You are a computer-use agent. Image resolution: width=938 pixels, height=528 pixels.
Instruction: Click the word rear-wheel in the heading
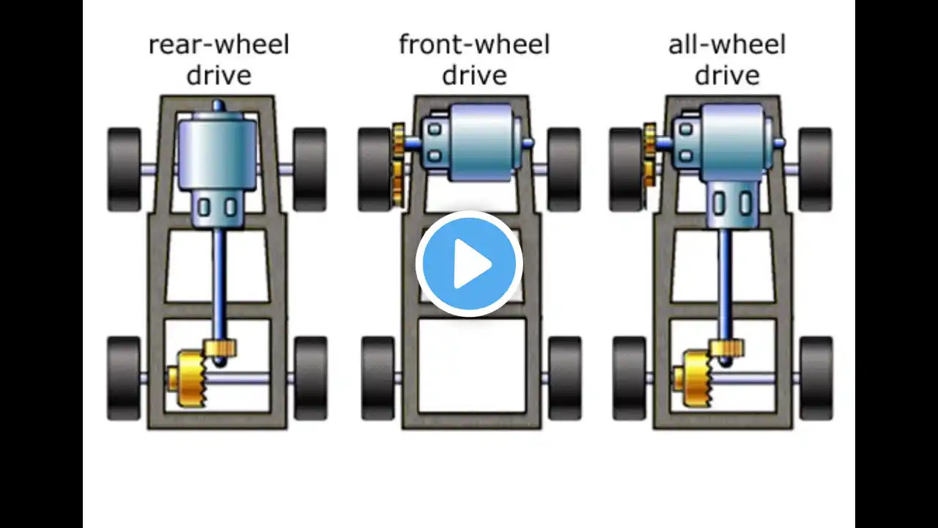pyautogui.click(x=218, y=45)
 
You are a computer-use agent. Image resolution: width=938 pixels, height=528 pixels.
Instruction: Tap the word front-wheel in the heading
pyautogui.click(x=474, y=45)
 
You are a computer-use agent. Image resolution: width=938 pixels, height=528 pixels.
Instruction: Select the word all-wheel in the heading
pyautogui.click(x=726, y=45)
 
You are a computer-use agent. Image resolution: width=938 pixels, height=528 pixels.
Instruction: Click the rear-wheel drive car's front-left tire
pyautogui.click(x=124, y=169)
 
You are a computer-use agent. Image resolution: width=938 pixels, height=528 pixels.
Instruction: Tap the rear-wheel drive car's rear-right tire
pyautogui.click(x=310, y=378)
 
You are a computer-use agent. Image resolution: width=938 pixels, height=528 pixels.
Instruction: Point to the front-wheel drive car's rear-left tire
pyautogui.click(x=378, y=378)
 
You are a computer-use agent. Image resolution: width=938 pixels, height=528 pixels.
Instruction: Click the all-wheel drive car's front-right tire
pyautogui.click(x=815, y=169)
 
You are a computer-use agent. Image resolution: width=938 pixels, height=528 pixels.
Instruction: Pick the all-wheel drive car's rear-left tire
pyautogui.click(x=629, y=378)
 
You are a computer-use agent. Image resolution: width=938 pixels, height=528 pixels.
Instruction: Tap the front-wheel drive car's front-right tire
pyautogui.click(x=564, y=169)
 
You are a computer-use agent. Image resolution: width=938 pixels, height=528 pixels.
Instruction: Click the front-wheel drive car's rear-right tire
pyautogui.click(x=564, y=378)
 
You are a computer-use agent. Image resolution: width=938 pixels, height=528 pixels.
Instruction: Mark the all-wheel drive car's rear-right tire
pyautogui.click(x=816, y=378)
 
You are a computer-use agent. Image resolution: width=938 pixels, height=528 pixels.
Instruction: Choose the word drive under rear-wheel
pyautogui.click(x=218, y=76)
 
